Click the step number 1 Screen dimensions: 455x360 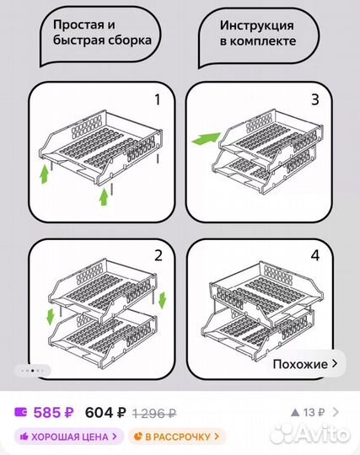[x=156, y=100]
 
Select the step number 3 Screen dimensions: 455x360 [x=314, y=100]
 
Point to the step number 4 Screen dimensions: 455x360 [x=314, y=256]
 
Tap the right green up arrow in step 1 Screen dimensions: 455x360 [x=104, y=197]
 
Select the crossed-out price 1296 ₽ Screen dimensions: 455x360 [x=154, y=413]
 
